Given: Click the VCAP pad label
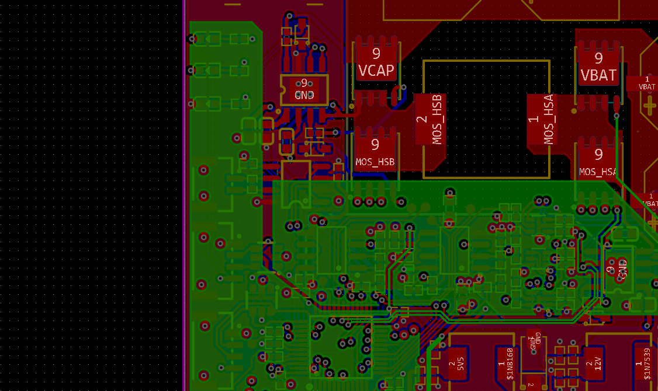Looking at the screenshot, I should click(376, 71).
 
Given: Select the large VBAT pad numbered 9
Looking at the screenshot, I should click(598, 66).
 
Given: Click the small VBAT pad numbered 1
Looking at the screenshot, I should click(647, 83).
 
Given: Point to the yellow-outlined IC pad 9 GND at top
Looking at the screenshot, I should click(304, 89).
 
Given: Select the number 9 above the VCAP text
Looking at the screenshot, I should click(376, 54).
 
